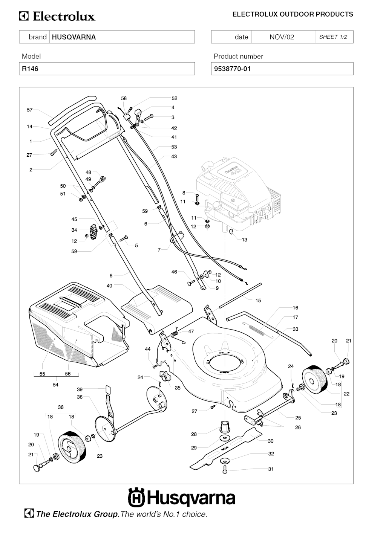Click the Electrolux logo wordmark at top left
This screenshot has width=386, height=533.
57,17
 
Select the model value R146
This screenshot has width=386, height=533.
30,69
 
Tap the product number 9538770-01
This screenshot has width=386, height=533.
232,69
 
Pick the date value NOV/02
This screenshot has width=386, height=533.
282,37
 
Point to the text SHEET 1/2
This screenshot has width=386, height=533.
333,37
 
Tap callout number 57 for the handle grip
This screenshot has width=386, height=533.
30,110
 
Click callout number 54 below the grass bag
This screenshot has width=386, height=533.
56,385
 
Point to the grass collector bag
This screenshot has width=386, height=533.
75,324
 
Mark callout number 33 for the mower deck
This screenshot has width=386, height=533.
296,329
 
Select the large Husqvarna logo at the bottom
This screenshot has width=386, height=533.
182,498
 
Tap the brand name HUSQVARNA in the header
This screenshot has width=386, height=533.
74,37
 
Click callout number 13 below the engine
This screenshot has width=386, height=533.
244,240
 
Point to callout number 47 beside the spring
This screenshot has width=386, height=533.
191,331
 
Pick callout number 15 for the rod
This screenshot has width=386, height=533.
258,301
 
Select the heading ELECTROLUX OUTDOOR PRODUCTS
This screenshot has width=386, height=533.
293,14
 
